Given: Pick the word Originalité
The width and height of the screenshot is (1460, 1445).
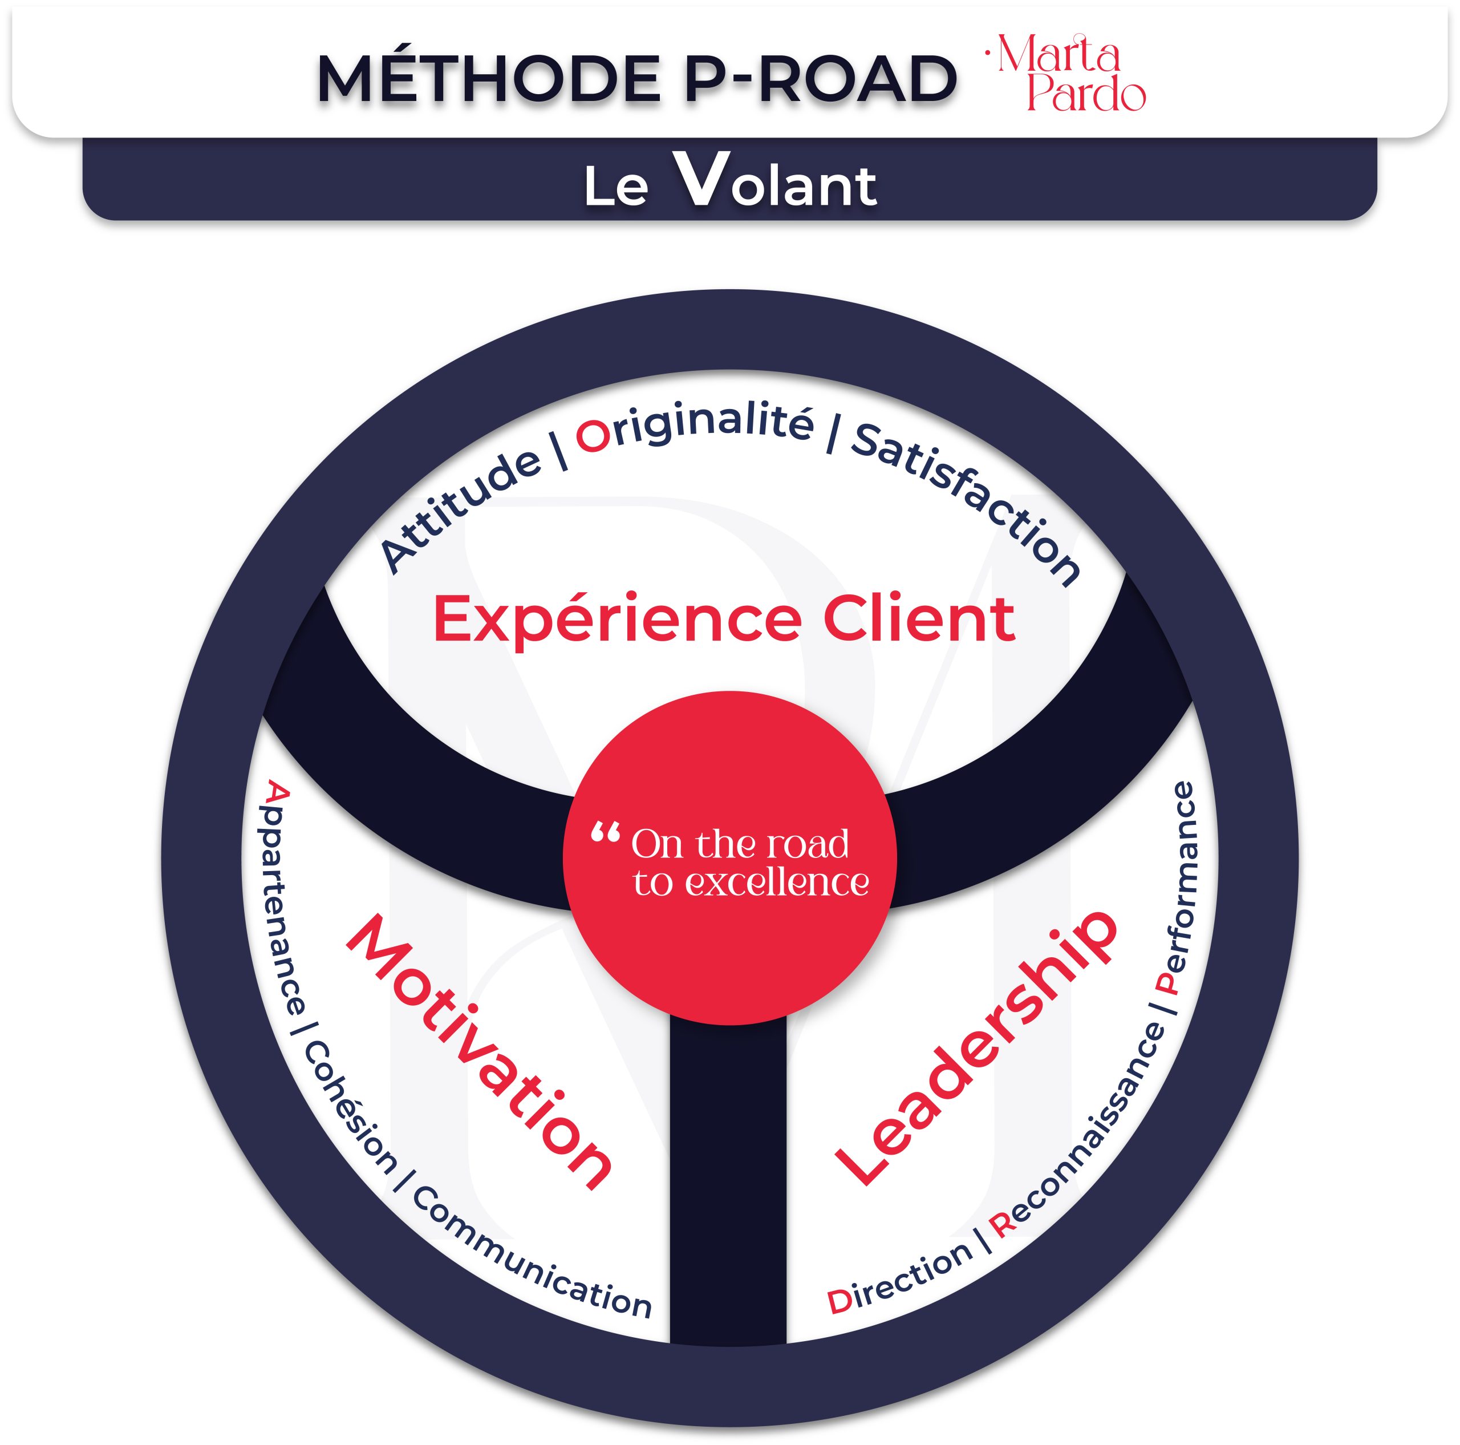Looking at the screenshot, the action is [x=695, y=427].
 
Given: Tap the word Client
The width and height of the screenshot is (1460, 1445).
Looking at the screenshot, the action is [x=918, y=619].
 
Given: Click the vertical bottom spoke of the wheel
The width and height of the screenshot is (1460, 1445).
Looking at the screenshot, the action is [x=728, y=1179].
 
